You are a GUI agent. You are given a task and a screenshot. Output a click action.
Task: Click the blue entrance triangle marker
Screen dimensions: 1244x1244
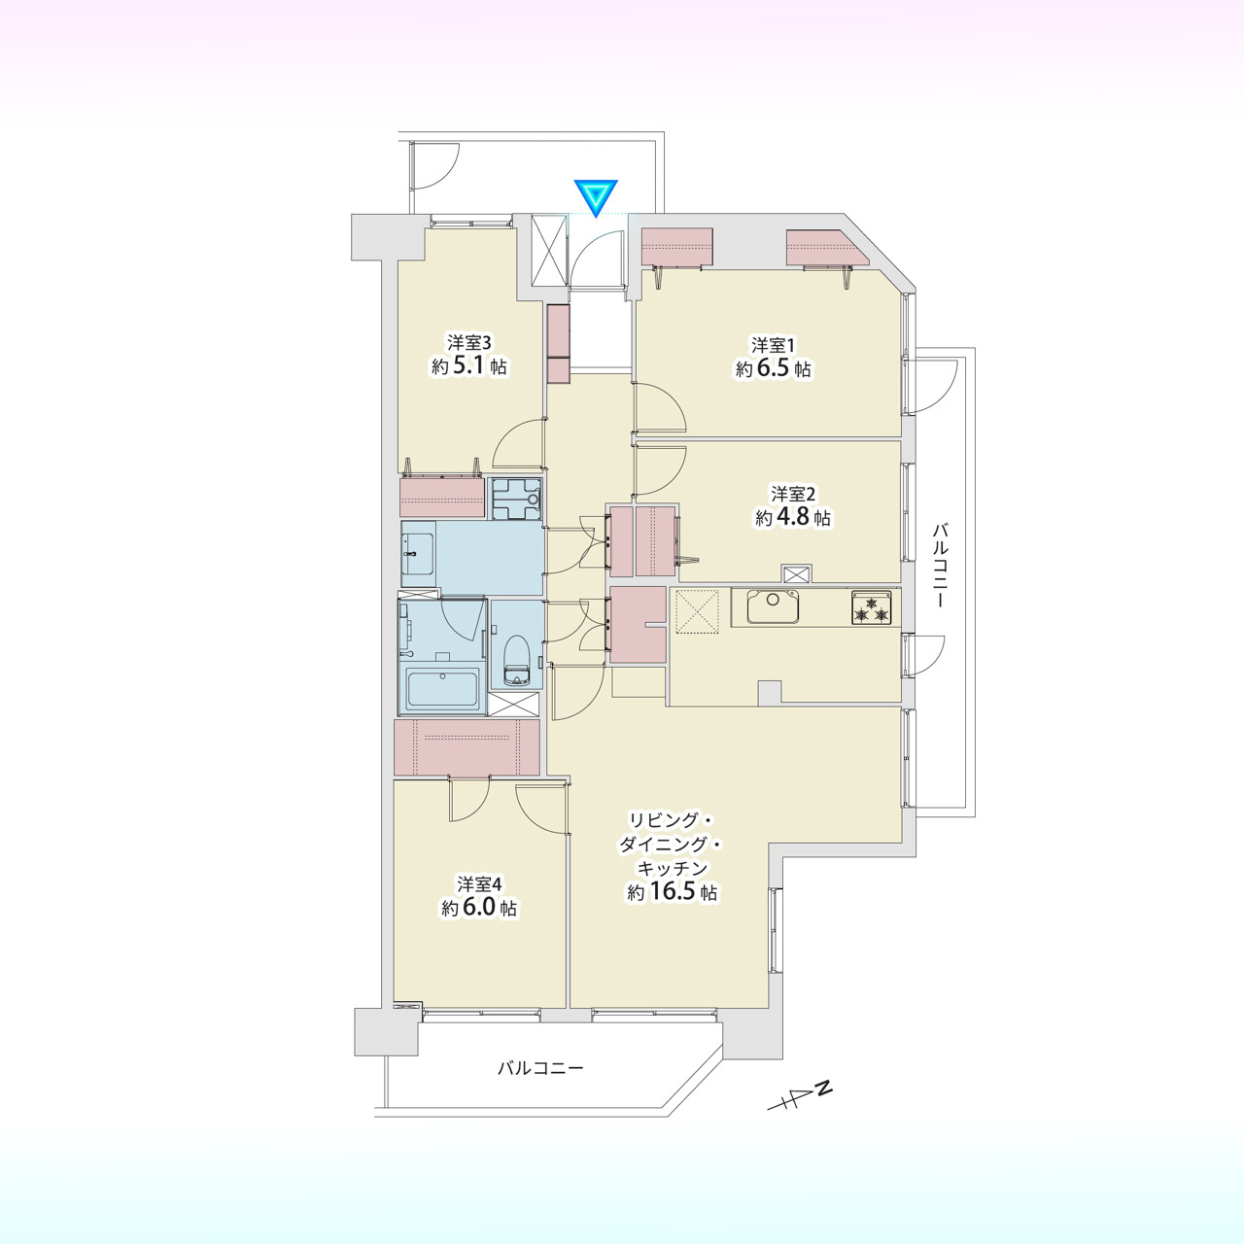tap(596, 196)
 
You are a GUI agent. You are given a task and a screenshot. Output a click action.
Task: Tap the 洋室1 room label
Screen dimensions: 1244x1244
tap(773, 344)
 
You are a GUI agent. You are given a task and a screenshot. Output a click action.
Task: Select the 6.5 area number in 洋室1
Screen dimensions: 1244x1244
tap(775, 369)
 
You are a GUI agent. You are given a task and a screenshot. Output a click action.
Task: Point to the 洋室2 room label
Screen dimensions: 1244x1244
tap(793, 495)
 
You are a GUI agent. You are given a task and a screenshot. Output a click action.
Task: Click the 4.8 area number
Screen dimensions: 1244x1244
tap(793, 518)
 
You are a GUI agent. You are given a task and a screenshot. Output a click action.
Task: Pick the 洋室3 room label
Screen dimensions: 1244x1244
tap(469, 341)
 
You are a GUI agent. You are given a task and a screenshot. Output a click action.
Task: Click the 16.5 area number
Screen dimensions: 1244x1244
tap(671, 893)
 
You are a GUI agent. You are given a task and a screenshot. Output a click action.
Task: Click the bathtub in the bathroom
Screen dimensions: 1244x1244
tap(443, 690)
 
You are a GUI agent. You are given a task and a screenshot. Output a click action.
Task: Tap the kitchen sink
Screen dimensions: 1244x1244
tap(774, 605)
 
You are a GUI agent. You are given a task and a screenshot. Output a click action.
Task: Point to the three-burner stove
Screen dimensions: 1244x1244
tap(872, 606)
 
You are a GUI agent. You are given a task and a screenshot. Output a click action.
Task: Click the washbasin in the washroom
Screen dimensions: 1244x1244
tap(418, 554)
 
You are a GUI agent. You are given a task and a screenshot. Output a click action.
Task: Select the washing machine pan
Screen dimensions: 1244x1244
tap(516, 499)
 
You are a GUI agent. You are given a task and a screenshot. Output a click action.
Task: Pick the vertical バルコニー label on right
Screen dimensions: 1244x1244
tap(940, 565)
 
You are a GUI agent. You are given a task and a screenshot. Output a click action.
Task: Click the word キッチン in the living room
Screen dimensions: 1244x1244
tap(672, 868)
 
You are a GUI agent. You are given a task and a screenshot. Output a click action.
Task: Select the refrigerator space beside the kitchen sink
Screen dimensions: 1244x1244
tap(697, 611)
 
